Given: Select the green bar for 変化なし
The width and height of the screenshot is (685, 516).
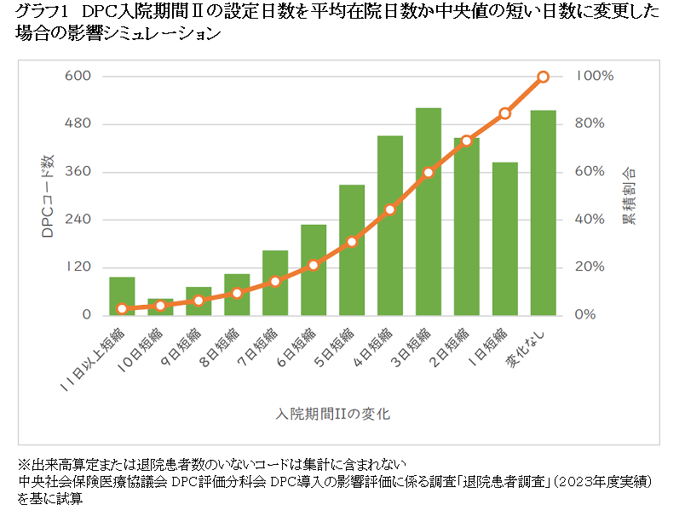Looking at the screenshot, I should click(544, 213).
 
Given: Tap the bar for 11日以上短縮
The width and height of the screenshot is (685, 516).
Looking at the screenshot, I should click(122, 296).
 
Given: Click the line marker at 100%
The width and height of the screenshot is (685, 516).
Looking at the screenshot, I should click(544, 77).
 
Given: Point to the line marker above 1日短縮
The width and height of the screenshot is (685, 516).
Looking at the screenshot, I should click(505, 113).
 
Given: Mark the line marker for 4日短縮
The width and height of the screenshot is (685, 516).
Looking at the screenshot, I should click(390, 209).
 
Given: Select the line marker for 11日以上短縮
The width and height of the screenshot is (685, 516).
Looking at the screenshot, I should click(122, 309).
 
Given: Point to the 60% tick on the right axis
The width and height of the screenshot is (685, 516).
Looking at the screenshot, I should click(590, 172).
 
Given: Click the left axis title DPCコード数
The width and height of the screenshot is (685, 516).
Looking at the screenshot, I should click(48, 196).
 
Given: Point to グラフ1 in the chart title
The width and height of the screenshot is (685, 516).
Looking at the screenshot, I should click(42, 12).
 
